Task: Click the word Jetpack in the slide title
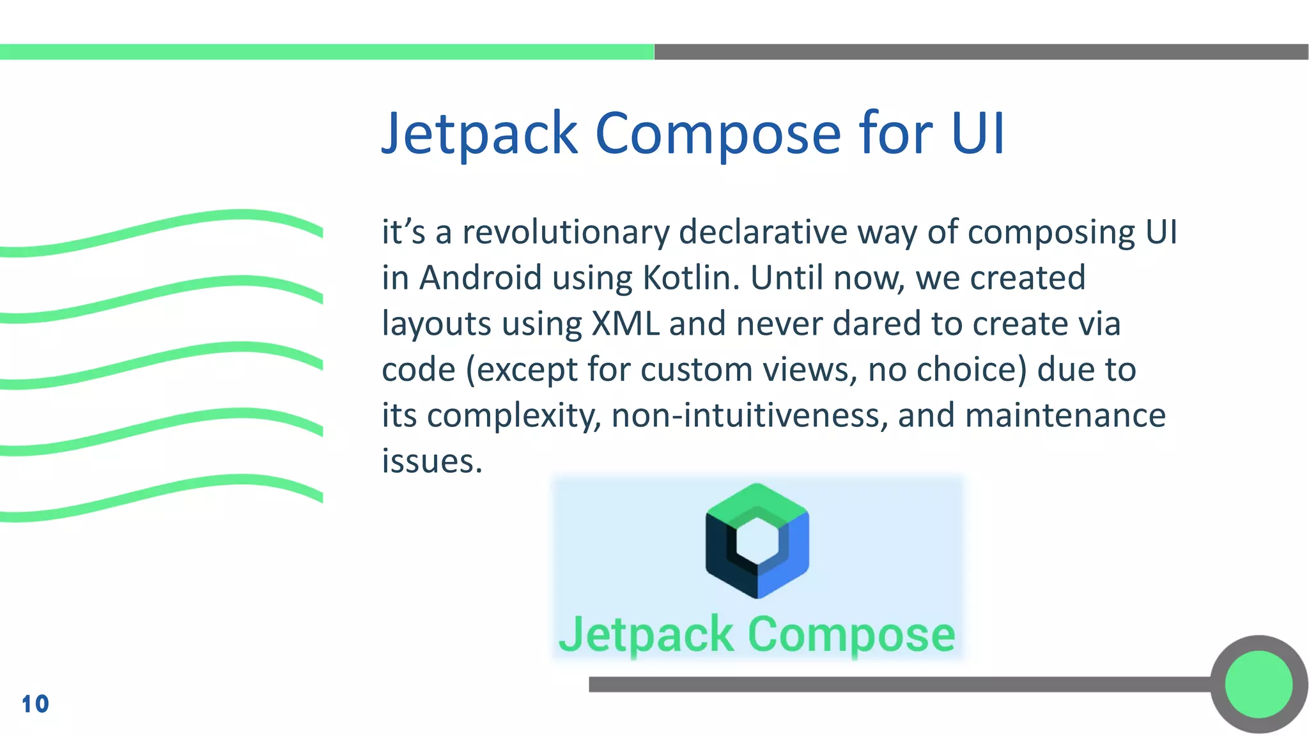click(479, 134)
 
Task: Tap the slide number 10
click(35, 704)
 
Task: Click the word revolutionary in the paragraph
click(566, 233)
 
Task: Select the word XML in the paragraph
click(625, 323)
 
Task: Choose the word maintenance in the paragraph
click(1065, 416)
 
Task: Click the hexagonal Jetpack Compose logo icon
click(757, 540)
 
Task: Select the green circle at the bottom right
click(1259, 684)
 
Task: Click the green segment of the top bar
click(326, 52)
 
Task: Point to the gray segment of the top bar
click(981, 52)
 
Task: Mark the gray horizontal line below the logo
click(895, 684)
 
